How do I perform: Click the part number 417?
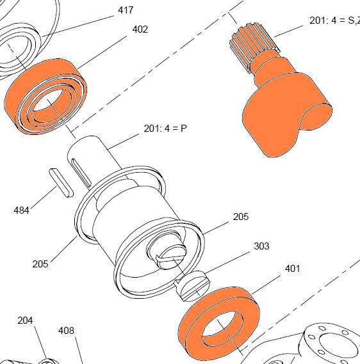tap(126, 10)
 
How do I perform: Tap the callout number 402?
tap(140, 29)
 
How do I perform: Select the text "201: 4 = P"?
tap(165, 129)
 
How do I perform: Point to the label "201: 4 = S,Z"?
tap(334, 20)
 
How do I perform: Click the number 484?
tap(21, 210)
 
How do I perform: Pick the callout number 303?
tap(262, 246)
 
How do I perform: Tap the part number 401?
tap(292, 269)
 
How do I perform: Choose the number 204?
tap(25, 320)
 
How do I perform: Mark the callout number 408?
tap(66, 331)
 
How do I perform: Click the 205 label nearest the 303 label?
tap(241, 217)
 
